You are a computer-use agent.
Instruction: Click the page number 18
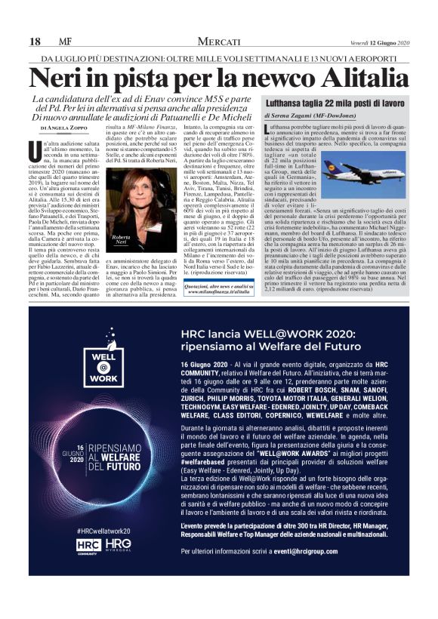tap(35, 41)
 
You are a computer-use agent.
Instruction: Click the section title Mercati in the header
tap(219, 41)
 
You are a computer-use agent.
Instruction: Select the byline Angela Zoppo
tap(66, 129)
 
